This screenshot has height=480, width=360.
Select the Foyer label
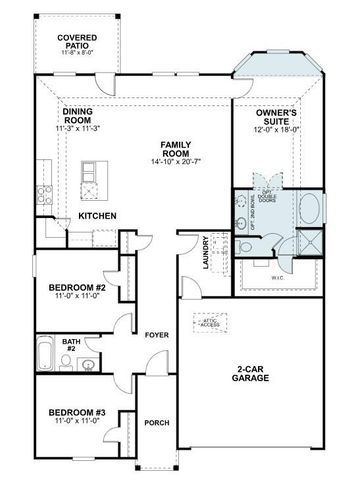coord(155,334)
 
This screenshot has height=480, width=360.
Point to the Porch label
coord(155,423)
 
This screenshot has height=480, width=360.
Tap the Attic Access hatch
coord(209,323)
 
